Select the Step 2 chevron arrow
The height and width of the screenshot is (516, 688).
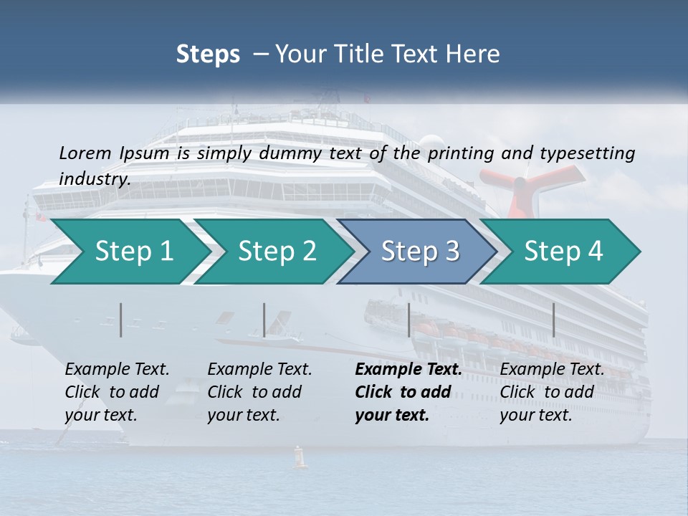coord(277,252)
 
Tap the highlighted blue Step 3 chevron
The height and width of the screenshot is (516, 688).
coord(420,252)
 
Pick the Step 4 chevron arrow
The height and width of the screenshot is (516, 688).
coord(563,252)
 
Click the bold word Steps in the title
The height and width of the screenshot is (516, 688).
coord(208,54)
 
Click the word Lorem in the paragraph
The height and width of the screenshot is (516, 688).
coord(85,153)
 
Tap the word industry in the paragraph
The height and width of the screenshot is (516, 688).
coord(94,179)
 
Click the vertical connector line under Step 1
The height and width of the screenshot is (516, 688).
coord(121,320)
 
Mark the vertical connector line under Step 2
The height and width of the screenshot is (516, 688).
coord(264,320)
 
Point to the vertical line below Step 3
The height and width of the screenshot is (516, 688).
coord(409,320)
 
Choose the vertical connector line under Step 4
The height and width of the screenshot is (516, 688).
coord(554,320)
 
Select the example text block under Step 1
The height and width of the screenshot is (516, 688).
coord(117,392)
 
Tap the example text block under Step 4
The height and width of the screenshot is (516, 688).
coord(552,392)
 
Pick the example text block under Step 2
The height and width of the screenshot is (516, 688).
coord(259,392)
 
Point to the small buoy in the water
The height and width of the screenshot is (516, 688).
coord(300,458)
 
